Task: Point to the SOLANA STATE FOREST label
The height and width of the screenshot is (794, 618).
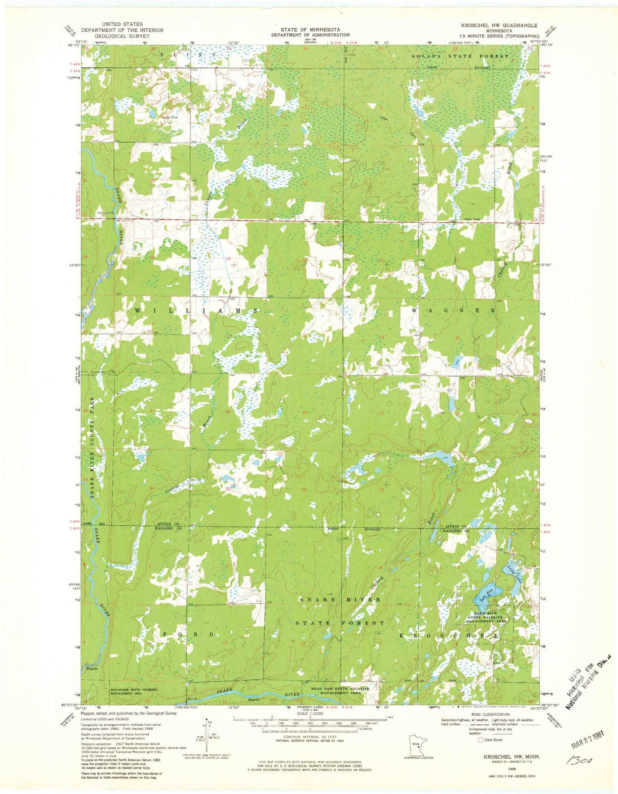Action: (x=460, y=56)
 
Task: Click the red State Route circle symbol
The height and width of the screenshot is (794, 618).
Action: (x=481, y=740)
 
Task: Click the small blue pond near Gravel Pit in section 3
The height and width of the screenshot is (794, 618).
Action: (x=152, y=114)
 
